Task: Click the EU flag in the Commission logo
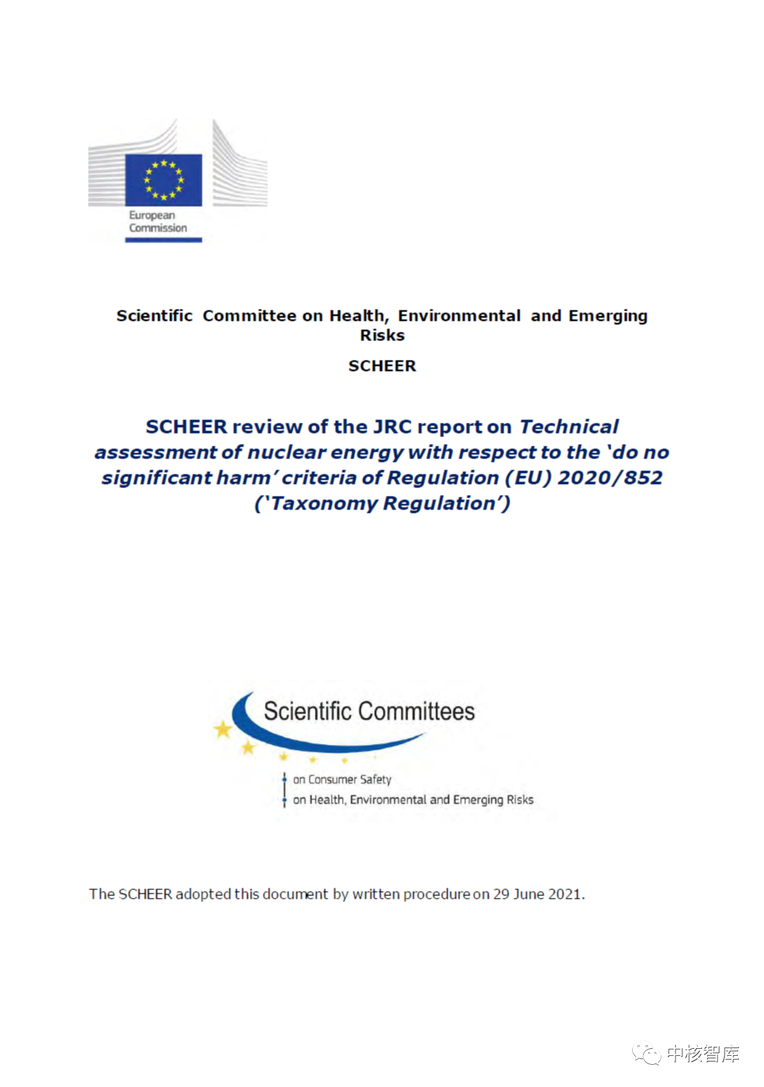click(164, 180)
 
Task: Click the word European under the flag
click(152, 215)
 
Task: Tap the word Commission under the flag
click(158, 228)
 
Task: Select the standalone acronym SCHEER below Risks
click(382, 366)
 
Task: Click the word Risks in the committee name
click(382, 335)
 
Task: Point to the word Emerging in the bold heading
click(608, 316)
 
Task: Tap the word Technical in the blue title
click(568, 427)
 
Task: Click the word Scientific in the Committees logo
click(308, 711)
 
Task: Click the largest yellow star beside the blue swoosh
click(223, 728)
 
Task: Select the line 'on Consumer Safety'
click(342, 779)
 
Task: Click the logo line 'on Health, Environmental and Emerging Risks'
click(413, 800)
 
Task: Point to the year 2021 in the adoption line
click(565, 894)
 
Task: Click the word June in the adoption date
click(528, 894)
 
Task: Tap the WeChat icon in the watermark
click(647, 1054)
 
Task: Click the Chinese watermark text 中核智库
click(703, 1054)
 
